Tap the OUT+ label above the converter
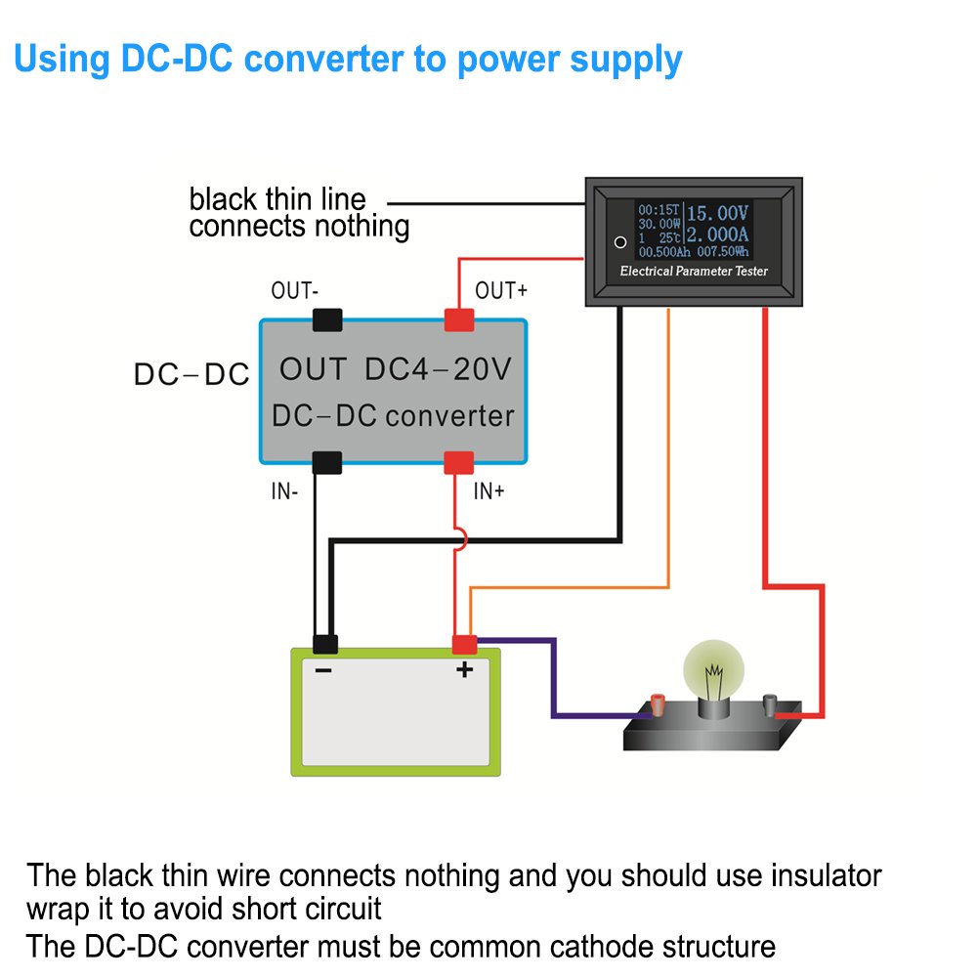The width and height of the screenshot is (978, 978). [x=500, y=291]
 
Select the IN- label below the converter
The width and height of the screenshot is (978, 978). [x=284, y=491]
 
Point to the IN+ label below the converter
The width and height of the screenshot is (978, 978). [x=489, y=491]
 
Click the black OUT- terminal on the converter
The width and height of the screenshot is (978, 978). [x=326, y=319]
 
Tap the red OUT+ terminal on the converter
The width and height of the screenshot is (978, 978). [x=459, y=319]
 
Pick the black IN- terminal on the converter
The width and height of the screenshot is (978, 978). [x=326, y=462]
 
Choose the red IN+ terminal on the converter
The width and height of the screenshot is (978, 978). [x=459, y=462]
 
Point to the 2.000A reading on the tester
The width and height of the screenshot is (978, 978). [x=716, y=235]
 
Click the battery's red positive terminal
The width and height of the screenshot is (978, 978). [x=464, y=644]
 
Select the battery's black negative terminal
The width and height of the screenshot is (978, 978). [x=324, y=644]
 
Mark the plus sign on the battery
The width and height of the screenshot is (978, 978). [x=465, y=669]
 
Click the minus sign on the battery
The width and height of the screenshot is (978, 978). [x=323, y=670]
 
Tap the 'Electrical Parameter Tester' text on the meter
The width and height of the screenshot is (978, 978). [x=694, y=271]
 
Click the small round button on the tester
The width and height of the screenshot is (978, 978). [x=618, y=241]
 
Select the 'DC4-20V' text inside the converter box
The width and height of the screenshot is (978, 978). [x=438, y=369]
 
